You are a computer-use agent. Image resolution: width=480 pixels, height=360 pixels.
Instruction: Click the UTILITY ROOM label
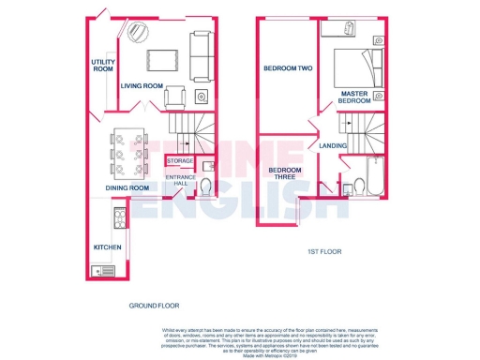[x=102, y=65]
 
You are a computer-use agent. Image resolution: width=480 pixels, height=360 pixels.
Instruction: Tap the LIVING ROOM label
[x=142, y=86]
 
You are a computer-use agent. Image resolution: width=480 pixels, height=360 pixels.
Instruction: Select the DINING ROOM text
[x=127, y=187]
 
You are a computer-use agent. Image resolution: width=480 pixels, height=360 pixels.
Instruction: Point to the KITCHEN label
[x=107, y=247]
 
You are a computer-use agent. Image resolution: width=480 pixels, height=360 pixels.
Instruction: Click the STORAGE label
[x=180, y=161]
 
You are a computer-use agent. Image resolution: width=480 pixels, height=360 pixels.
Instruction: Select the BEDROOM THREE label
[x=283, y=173]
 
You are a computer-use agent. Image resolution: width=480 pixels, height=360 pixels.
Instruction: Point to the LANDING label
[x=333, y=146]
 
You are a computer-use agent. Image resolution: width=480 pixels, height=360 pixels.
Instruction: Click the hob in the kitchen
[x=120, y=218]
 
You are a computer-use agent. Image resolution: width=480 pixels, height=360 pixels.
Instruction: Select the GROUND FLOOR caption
[x=154, y=306]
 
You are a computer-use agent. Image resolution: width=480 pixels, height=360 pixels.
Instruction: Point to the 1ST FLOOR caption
[x=327, y=252]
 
